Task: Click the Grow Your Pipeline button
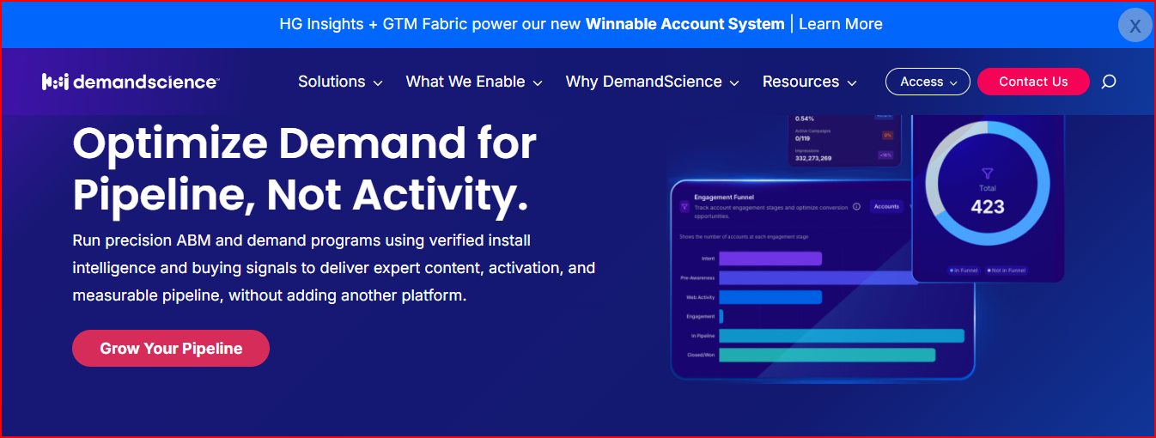point(171,349)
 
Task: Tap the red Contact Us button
point(1033,82)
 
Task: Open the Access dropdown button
point(928,82)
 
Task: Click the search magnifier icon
point(1109,82)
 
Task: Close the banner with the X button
point(1135,26)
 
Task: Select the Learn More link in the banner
point(840,24)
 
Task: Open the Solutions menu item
point(340,82)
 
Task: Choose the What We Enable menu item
point(474,82)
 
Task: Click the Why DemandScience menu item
point(652,82)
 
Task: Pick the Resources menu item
point(809,82)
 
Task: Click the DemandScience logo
point(131,82)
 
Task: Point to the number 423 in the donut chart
point(988,207)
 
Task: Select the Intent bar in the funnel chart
point(770,259)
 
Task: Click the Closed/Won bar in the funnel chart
point(826,355)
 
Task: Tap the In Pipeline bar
point(841,336)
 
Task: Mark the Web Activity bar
point(770,297)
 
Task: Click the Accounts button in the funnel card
point(886,206)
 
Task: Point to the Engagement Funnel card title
point(723,197)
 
